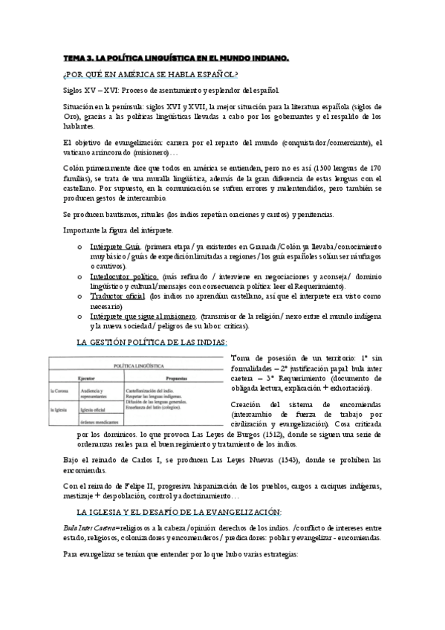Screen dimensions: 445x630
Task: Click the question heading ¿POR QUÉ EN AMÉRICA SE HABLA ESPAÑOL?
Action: [x=151, y=74]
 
